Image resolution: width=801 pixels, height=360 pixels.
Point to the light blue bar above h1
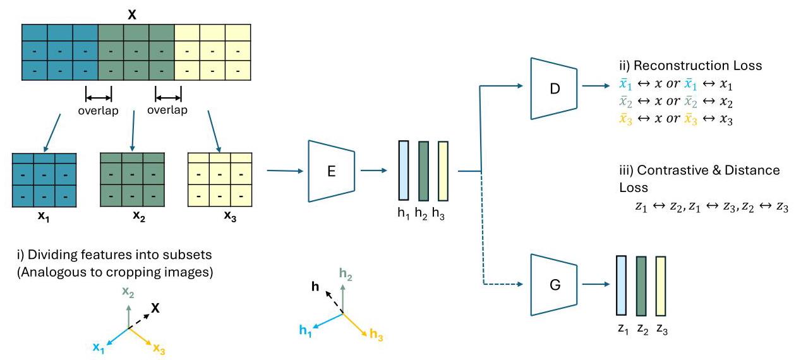403,172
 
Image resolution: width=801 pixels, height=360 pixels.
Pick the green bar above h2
423,172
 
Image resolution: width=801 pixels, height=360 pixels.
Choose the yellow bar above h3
443,172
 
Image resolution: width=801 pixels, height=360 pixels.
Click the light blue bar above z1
622,285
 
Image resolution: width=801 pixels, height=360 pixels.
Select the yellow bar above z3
661,285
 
